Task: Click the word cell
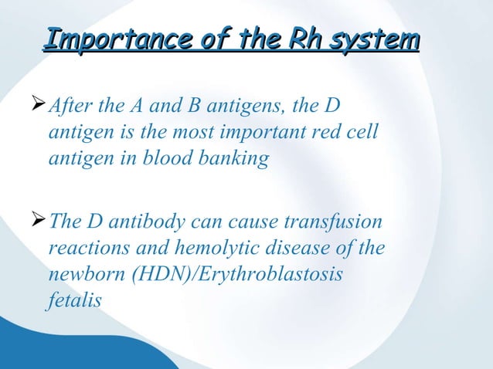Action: point(363,134)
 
